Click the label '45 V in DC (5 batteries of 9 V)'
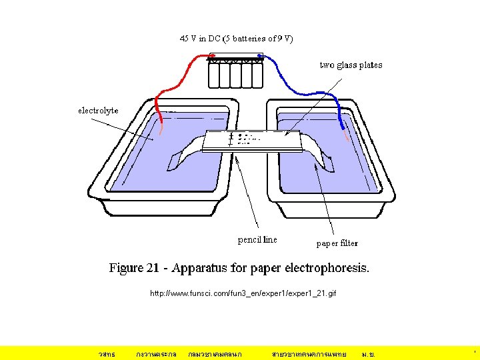(236, 38)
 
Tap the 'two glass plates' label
(351, 65)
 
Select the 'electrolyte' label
(98, 110)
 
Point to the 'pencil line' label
(257, 239)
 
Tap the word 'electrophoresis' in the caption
(327, 269)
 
